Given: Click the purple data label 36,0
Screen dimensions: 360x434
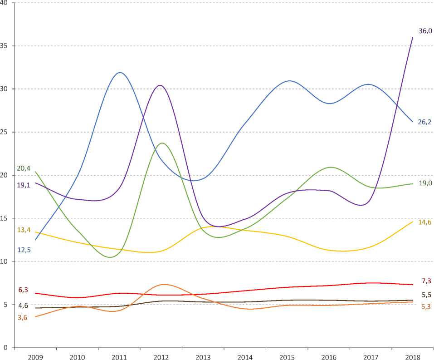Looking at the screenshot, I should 425,31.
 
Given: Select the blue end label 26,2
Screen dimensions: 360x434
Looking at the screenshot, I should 425,122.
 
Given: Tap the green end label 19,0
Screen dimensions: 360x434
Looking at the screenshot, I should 425,183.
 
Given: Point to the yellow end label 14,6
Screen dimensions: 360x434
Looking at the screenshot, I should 425,222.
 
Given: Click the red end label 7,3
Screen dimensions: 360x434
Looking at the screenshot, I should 426,281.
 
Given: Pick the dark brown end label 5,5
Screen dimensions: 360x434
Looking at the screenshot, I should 426,295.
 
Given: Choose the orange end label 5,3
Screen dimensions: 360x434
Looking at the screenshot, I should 426,306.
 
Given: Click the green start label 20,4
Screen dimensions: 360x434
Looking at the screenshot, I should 23,168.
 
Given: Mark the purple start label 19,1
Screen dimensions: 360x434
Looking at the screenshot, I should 23,185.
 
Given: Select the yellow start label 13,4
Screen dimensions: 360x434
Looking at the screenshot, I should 24,230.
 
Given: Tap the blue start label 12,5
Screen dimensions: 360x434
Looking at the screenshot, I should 24,250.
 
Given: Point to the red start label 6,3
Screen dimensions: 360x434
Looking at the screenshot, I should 23,290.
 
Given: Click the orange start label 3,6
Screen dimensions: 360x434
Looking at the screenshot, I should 23,317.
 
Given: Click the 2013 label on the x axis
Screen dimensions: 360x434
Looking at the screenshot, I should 203,357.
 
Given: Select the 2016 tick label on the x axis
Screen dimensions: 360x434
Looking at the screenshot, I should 329,357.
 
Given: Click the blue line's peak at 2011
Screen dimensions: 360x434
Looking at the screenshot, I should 120,72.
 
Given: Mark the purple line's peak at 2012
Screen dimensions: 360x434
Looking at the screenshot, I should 160,85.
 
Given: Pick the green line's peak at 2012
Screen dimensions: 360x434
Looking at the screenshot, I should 162,143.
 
